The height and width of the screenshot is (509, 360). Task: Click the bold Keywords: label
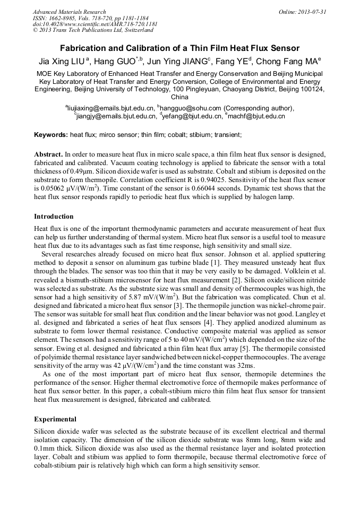pyautogui.click(x=51, y=135)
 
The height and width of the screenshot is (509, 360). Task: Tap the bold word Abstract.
pyautogui.click(x=48, y=154)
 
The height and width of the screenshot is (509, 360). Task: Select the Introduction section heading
pyautogui.click(x=54, y=217)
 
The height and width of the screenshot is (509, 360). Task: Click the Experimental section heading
pyautogui.click(x=55, y=419)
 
